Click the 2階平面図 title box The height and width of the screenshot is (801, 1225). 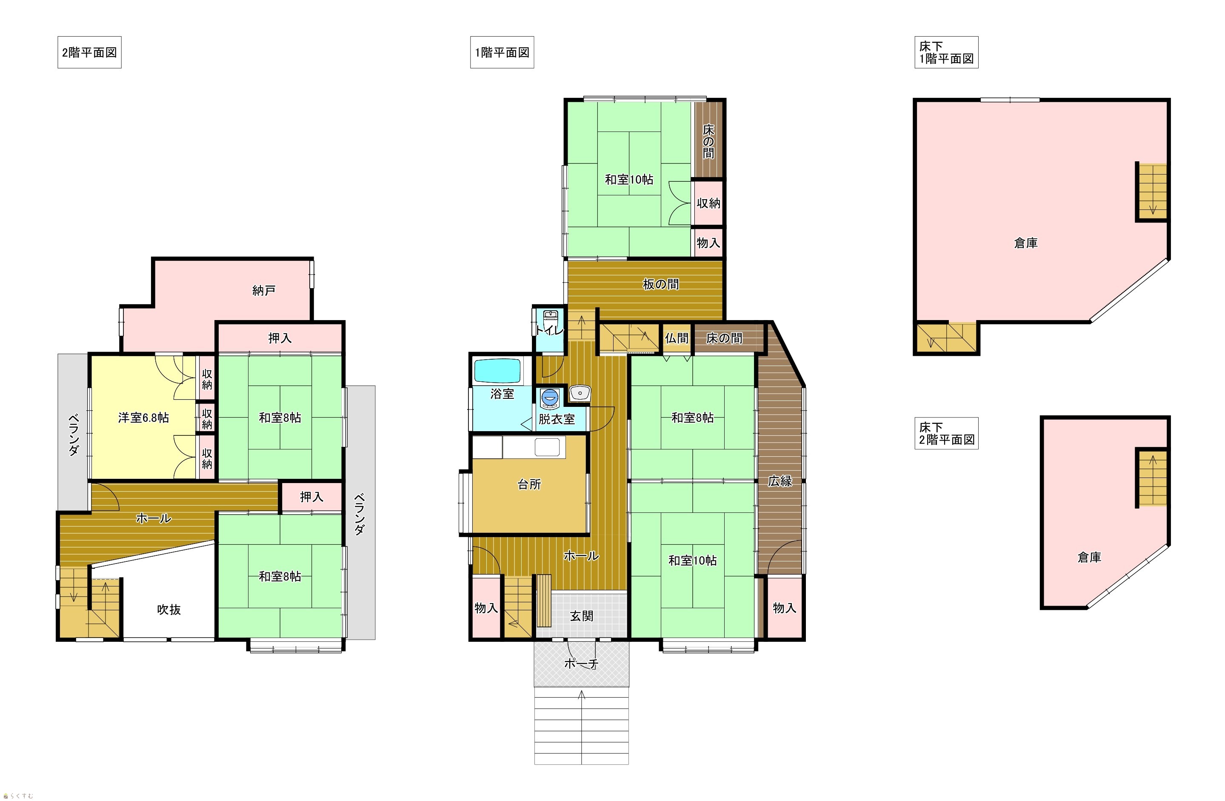coord(89,52)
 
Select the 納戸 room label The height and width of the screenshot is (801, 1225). coord(264,291)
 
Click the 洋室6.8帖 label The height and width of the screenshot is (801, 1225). coord(143,418)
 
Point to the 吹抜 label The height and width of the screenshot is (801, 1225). coord(169,609)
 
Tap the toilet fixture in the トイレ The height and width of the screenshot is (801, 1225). coord(550,316)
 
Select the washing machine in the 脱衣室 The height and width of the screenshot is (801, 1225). coord(549,398)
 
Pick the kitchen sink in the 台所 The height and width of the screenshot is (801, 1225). coord(547,447)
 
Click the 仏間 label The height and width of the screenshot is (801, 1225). coord(676,338)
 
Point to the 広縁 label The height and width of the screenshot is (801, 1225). coord(780,481)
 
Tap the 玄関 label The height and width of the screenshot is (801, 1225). coord(582,616)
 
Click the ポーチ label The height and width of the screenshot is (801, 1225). coord(581,664)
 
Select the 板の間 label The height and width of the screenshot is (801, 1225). coord(660,284)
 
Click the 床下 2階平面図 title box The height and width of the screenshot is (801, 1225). coord(947,433)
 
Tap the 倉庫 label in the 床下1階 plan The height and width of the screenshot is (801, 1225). coord(1026,243)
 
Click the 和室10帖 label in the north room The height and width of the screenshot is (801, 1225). coord(629,180)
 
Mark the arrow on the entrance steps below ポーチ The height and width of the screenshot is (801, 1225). coord(582,727)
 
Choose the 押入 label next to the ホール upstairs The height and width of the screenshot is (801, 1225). coord(311,497)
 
